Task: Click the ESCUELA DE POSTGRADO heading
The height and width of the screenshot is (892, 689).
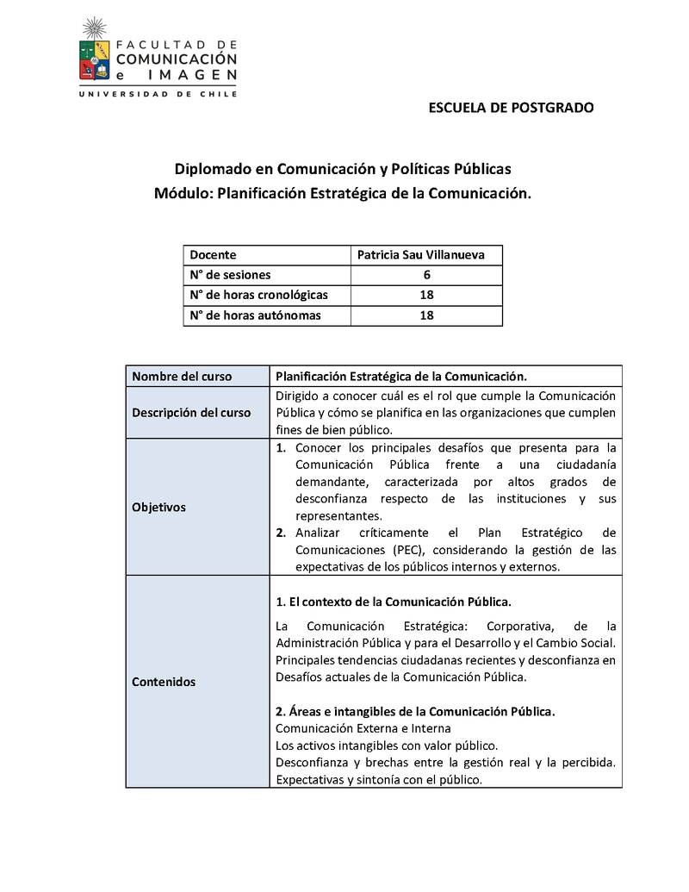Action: [x=511, y=109]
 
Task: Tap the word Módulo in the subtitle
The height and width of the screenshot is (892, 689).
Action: [x=182, y=195]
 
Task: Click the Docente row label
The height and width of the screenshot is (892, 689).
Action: [x=213, y=255]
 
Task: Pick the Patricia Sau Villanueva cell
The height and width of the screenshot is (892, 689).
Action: [x=421, y=255]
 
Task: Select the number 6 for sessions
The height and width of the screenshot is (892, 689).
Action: [x=426, y=275]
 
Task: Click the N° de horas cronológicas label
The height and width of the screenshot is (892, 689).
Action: [x=258, y=295]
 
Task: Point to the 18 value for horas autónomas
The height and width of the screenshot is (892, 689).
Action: [x=426, y=315]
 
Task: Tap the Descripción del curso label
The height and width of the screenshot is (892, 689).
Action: [x=191, y=413]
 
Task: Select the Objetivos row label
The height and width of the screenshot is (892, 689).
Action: [x=158, y=508]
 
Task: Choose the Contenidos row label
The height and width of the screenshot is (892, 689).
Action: [x=164, y=682]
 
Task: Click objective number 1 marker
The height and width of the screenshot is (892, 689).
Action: [x=281, y=448]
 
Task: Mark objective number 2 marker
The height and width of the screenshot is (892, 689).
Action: [x=281, y=533]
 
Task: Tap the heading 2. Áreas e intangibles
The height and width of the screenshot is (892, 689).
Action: [x=415, y=712]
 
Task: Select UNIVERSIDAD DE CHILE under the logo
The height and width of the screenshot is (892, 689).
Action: [x=158, y=96]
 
